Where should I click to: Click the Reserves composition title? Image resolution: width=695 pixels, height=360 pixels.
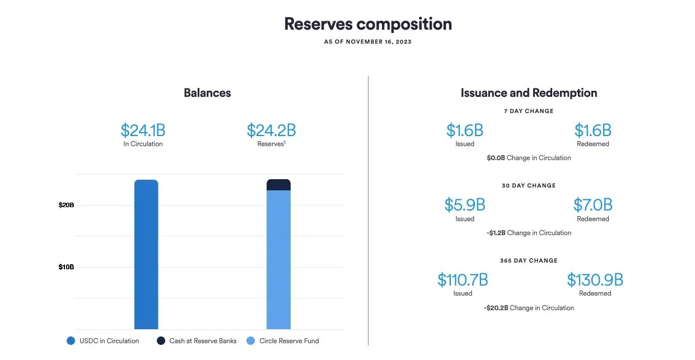367,24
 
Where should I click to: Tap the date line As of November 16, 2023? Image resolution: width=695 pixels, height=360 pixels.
367,42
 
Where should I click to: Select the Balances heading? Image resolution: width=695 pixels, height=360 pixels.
207,93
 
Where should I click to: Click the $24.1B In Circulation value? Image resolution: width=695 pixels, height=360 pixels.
143,130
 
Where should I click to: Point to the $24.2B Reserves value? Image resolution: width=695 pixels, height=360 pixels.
271,130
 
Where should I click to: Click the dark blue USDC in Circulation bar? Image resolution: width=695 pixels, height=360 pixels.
146,255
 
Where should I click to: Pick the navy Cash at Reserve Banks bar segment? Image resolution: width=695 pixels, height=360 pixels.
278,185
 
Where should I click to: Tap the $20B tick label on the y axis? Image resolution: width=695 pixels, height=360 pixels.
66,205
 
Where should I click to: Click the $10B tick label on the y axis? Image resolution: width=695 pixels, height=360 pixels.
66,267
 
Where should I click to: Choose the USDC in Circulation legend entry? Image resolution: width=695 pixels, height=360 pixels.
102,340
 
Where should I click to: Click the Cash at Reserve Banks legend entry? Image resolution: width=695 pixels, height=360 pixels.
197,340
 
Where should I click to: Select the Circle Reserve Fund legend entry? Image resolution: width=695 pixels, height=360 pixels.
282,340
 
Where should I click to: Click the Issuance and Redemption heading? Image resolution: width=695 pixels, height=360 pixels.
529,93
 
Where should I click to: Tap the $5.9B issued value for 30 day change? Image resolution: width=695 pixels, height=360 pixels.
465,205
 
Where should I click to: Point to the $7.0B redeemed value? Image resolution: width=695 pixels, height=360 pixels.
593,205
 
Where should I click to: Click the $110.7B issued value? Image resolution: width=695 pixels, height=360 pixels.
463,279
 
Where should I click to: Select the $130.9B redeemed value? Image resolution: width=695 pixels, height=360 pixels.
595,279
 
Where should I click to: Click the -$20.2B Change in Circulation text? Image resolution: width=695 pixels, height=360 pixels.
529,308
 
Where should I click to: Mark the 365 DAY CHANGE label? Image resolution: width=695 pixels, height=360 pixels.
529,260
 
